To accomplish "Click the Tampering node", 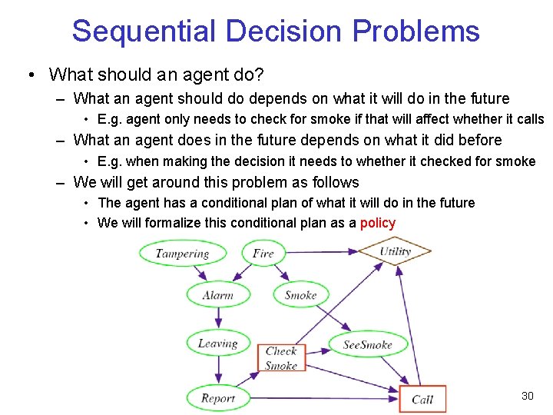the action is pos(182,254).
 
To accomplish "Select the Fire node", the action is pos(263,254).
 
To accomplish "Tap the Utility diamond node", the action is pos(395,251).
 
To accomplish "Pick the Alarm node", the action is pos(217,295).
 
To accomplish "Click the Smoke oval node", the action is pos(300,295).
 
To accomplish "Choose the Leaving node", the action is pos(217,344).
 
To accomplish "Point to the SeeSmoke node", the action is pos(367,344).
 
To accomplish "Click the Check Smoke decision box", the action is pos(281,358).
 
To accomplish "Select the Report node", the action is pos(217,398).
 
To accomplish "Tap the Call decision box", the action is pos(422,399).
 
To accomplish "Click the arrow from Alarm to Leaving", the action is pos(217,319).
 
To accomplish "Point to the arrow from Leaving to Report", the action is pos(217,370).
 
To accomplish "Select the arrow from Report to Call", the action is pos(323,398).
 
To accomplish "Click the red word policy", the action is pos(377,224).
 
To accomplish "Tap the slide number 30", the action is pos(527,396).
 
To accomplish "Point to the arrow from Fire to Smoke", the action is pos(281,274).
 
